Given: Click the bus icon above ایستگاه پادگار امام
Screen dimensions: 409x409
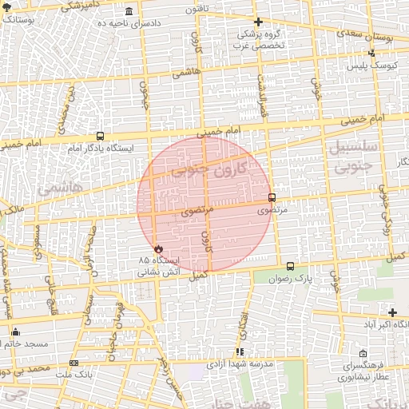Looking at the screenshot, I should click(100, 136).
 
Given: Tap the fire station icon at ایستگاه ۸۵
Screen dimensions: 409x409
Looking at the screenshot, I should click(157, 248).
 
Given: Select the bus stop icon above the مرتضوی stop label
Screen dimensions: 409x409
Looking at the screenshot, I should click(272, 197).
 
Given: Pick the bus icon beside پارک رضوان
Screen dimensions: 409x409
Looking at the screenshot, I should click(290, 266).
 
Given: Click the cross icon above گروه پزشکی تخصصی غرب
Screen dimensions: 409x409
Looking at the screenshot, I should click(257, 22).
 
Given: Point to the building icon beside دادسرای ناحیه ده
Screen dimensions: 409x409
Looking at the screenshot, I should click(129, 13).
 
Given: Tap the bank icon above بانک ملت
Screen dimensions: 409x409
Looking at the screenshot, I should click(74, 363).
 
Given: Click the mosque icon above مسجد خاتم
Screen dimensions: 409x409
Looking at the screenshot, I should click(16, 332).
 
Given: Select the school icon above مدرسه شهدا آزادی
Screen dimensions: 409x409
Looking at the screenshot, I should click(240, 351).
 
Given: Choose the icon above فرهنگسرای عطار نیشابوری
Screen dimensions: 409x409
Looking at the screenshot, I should click(363, 353).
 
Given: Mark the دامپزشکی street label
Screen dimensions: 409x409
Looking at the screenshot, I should click(72, 7).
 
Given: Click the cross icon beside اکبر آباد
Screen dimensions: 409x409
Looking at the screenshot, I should click(392, 312).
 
